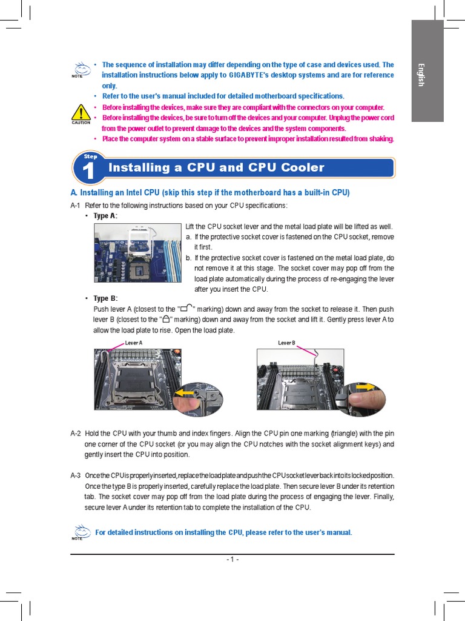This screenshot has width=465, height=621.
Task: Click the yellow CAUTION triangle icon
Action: pyautogui.click(x=81, y=113)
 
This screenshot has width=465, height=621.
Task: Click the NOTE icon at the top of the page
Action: pyautogui.click(x=78, y=69)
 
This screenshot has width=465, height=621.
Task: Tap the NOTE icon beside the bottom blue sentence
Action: pyautogui.click(x=78, y=532)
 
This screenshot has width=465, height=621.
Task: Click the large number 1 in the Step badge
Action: pyautogui.click(x=89, y=172)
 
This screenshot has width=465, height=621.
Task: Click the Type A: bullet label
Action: pyautogui.click(x=105, y=216)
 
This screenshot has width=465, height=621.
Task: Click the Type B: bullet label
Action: pyautogui.click(x=105, y=298)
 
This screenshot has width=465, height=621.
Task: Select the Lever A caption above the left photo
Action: pyautogui.click(x=133, y=343)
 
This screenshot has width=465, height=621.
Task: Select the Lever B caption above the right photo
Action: pyautogui.click(x=286, y=343)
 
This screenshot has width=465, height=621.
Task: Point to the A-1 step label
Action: pyautogui.click(x=76, y=205)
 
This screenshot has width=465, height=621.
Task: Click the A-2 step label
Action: pyautogui.click(x=76, y=434)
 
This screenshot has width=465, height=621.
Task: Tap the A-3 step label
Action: pyautogui.click(x=76, y=475)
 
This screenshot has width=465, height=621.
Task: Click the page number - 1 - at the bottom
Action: pyautogui.click(x=232, y=560)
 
